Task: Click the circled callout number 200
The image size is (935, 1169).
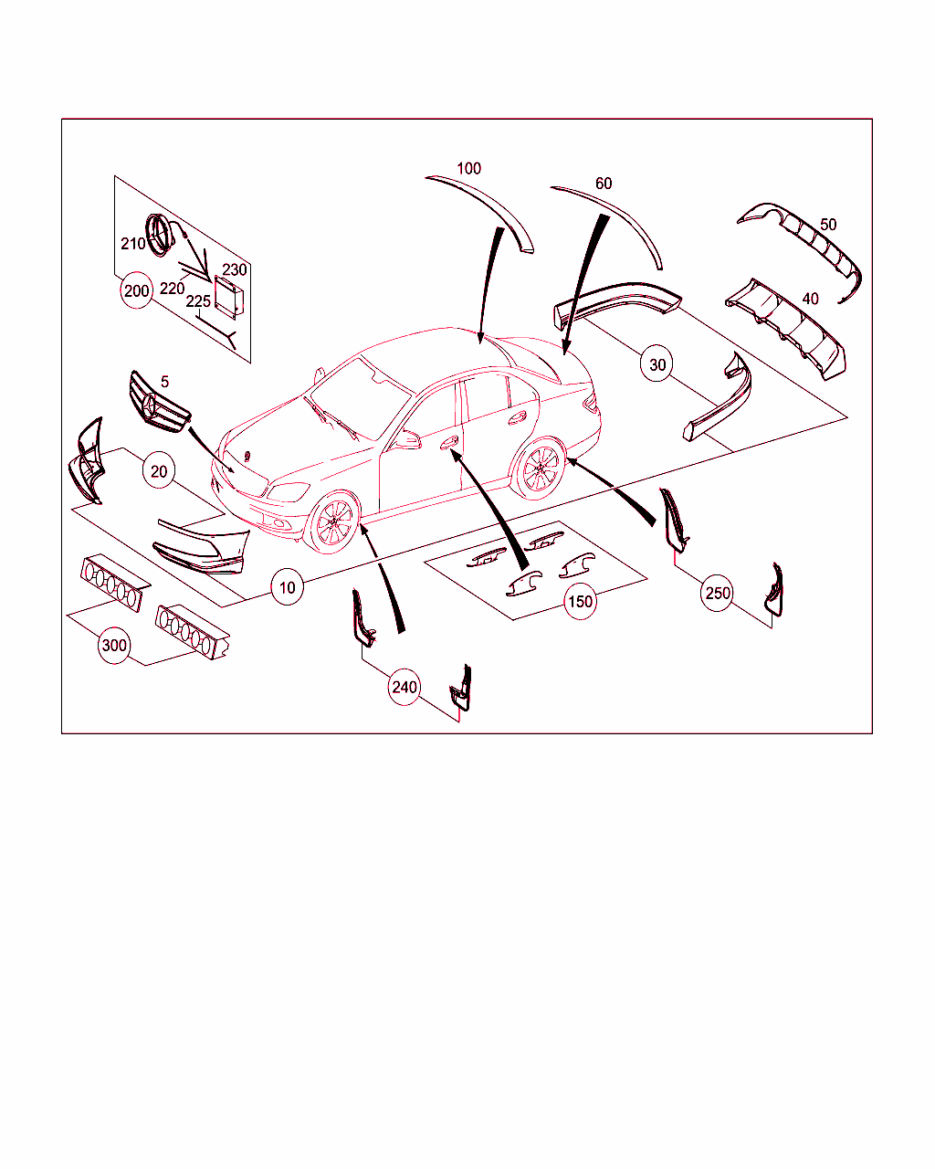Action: pyautogui.click(x=136, y=290)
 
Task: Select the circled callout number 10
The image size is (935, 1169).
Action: pyautogui.click(x=288, y=587)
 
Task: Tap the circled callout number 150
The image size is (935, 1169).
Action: pyautogui.click(x=580, y=601)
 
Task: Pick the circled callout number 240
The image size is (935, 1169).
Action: pyautogui.click(x=404, y=687)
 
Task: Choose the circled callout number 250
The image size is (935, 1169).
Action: pyautogui.click(x=717, y=593)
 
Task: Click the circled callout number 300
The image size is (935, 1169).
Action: pyautogui.click(x=114, y=646)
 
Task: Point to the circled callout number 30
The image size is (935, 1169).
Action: pyautogui.click(x=657, y=364)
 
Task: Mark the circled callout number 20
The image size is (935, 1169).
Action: pyautogui.click(x=159, y=471)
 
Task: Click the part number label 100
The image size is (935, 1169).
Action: pyautogui.click(x=468, y=168)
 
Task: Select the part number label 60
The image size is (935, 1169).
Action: pyautogui.click(x=604, y=183)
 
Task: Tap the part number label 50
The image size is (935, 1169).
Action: pyautogui.click(x=828, y=225)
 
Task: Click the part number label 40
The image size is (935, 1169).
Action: pyautogui.click(x=810, y=299)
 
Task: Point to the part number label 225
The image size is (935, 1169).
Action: pyautogui.click(x=198, y=301)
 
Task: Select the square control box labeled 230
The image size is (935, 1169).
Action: pyautogui.click(x=228, y=297)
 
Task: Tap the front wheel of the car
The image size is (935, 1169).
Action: pyautogui.click(x=332, y=522)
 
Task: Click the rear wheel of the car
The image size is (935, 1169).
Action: pyautogui.click(x=539, y=469)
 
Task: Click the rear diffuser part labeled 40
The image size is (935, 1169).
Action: pyautogui.click(x=786, y=329)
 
